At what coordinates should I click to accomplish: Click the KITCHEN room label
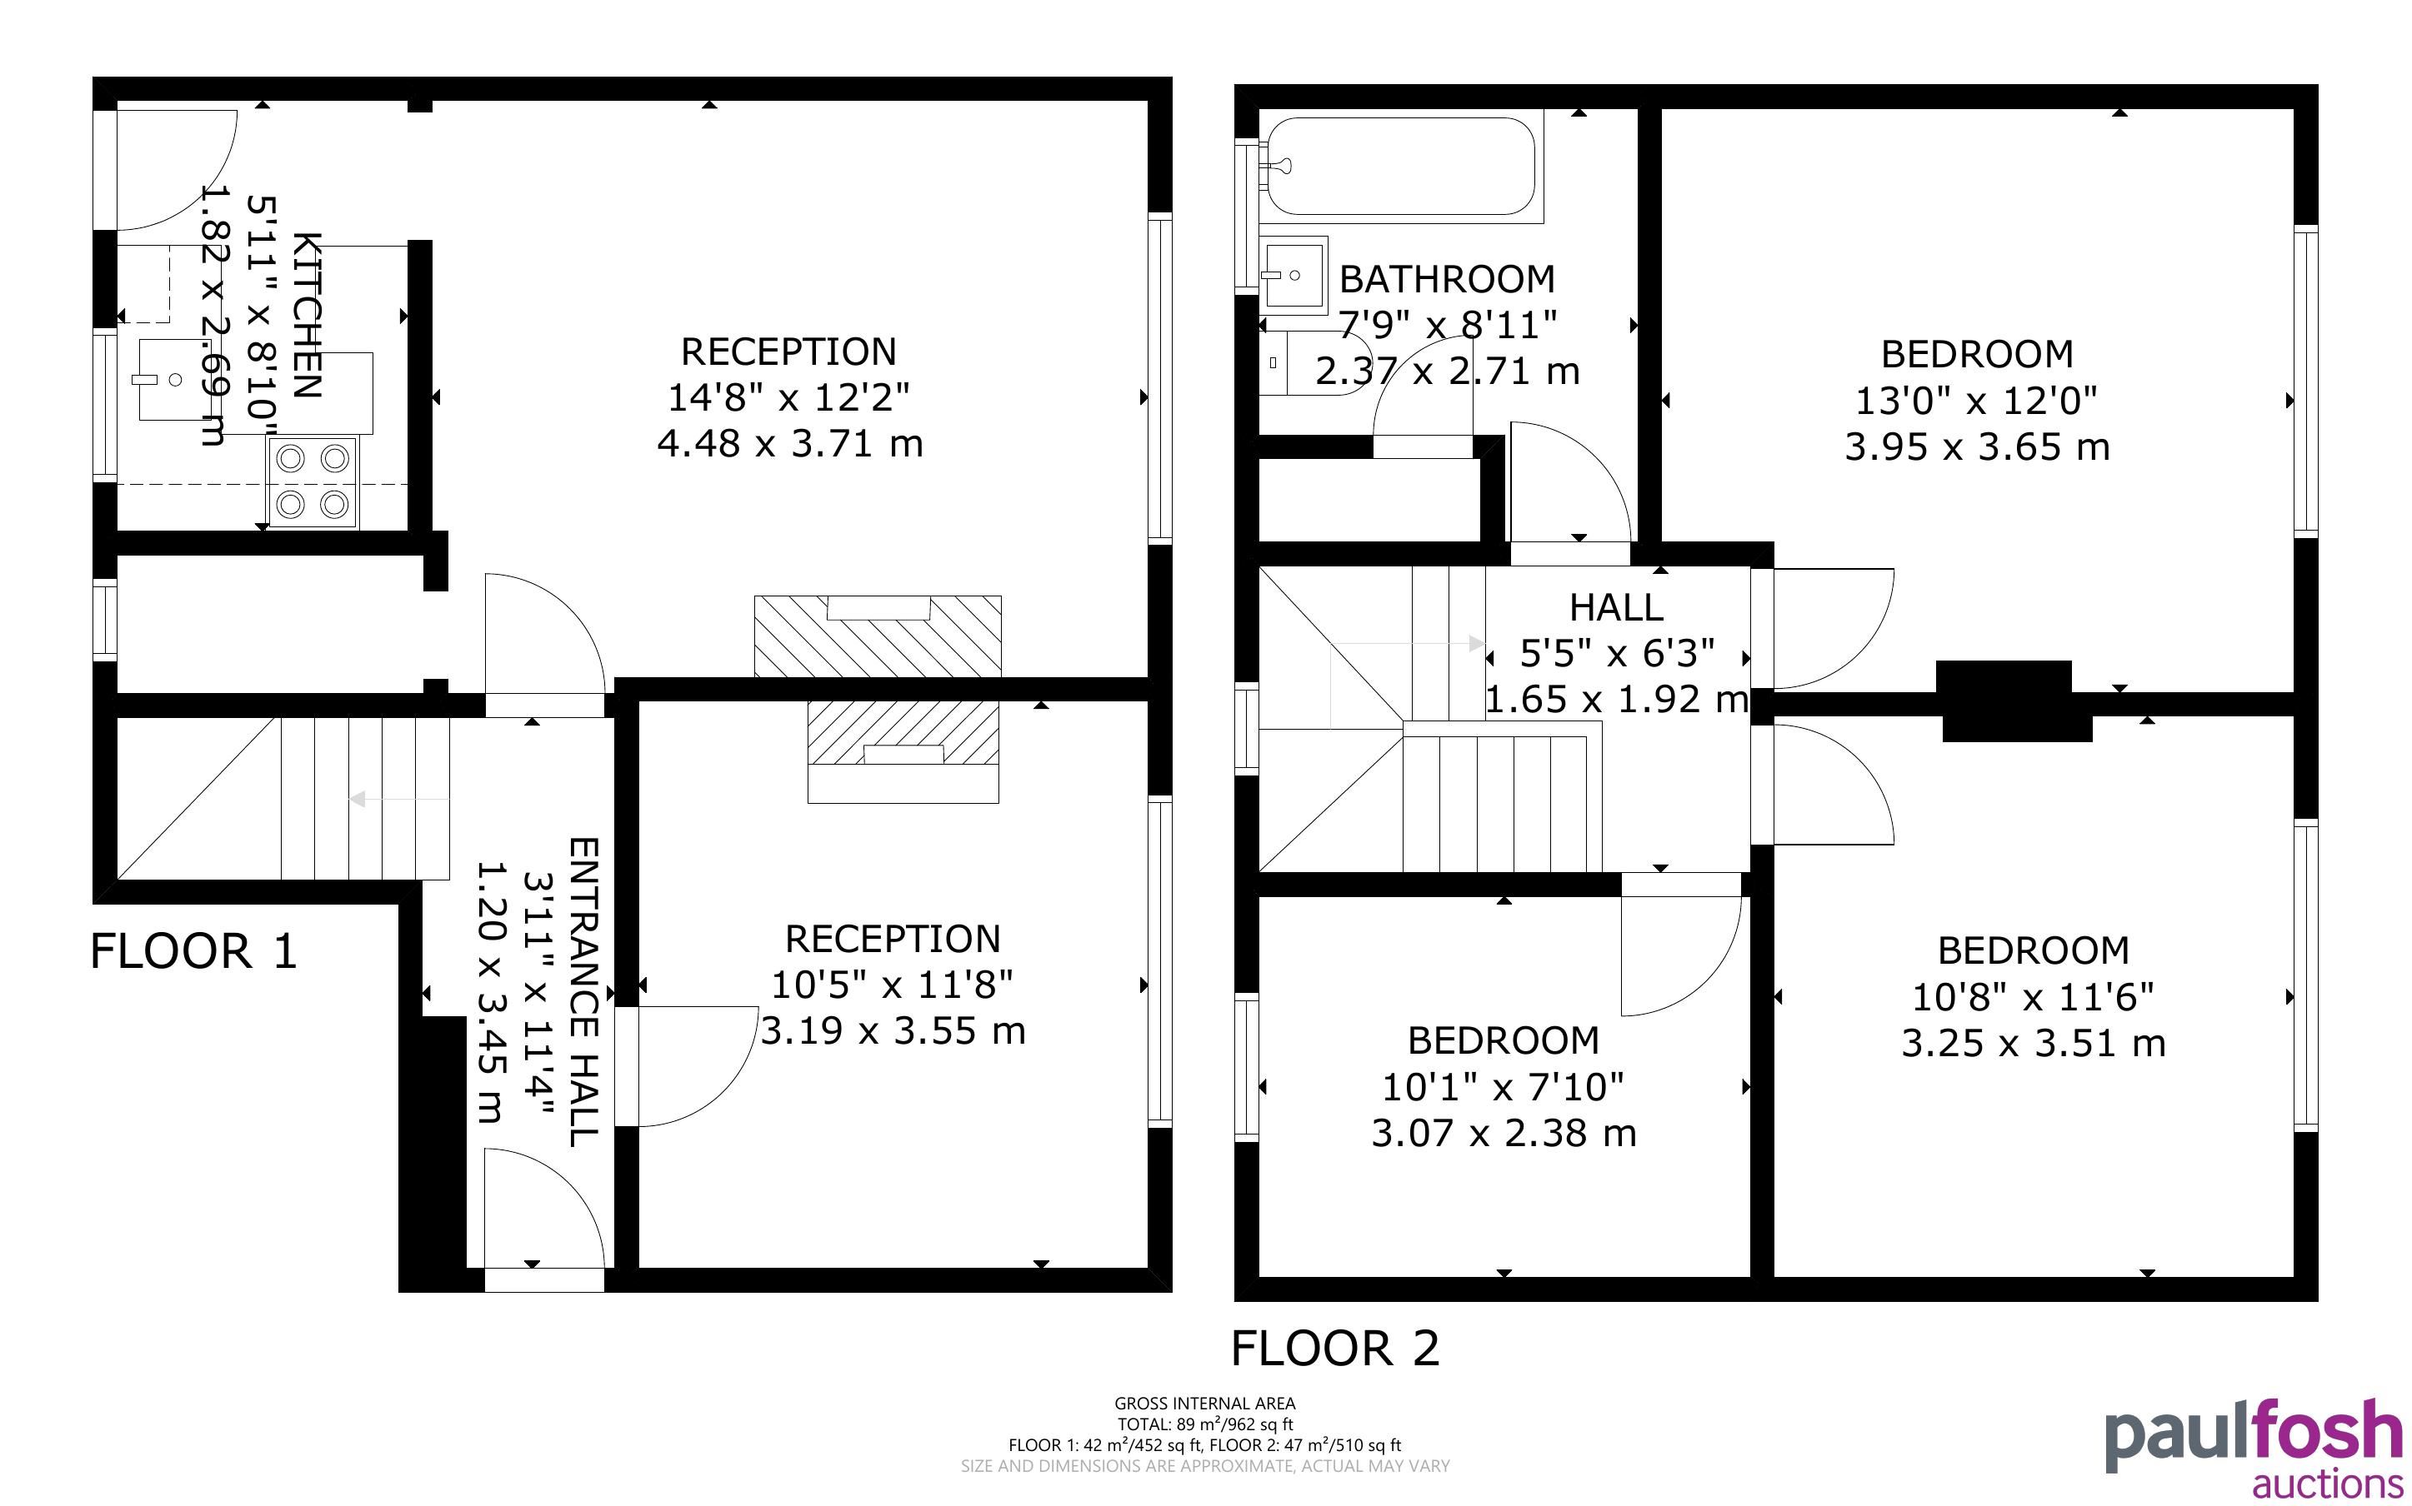click(x=308, y=315)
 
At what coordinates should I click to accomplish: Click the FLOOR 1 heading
click(x=194, y=951)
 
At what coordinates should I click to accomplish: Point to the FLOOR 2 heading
click(x=1335, y=1349)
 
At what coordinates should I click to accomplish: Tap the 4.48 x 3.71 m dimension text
click(x=789, y=443)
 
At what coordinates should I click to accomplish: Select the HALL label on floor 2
click(x=1616, y=606)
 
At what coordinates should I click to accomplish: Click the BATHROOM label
click(x=1447, y=279)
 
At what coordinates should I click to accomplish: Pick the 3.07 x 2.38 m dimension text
click(x=1504, y=1133)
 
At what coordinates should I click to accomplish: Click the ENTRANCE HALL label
click(x=583, y=991)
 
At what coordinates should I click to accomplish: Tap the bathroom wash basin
click(x=1294, y=275)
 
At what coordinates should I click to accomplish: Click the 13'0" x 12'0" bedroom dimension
click(x=1977, y=401)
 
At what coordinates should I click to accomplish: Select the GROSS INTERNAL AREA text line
click(x=1204, y=1404)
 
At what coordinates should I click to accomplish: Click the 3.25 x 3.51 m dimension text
click(x=2034, y=1043)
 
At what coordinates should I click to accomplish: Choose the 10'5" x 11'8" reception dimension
click(x=893, y=985)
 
